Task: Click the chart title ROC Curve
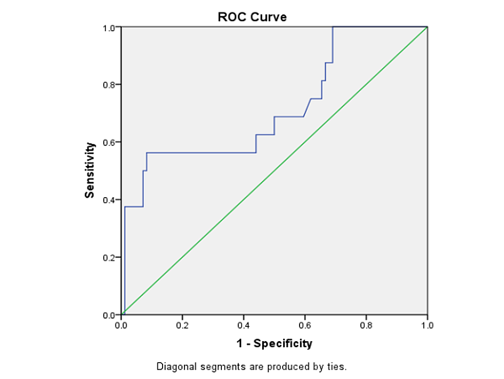point(252,17)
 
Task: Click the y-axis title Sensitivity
point(90,170)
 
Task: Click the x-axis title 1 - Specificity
point(274,344)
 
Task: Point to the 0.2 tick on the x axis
point(182,325)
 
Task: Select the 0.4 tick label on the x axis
point(243,325)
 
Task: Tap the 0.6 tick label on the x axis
point(305,325)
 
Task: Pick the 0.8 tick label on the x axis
point(366,325)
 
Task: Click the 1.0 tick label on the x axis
point(427,325)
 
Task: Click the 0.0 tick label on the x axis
point(121,325)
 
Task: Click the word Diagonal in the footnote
point(174,367)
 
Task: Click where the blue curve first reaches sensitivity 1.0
point(333,27)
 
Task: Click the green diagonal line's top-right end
point(427,27)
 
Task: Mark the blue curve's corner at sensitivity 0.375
point(125,206)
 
